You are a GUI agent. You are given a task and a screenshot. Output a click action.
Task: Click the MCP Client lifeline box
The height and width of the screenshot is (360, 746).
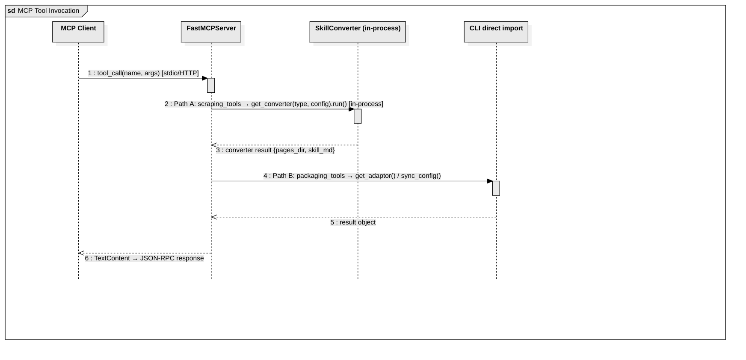[78, 32]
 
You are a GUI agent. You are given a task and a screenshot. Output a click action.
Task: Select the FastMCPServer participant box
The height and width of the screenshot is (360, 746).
[211, 32]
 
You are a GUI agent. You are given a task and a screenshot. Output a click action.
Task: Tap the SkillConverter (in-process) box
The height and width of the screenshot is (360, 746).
[358, 32]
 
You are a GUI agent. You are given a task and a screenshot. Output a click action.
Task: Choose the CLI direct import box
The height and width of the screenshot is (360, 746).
[496, 32]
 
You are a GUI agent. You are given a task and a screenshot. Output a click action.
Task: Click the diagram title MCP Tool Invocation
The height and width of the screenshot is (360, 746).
[48, 11]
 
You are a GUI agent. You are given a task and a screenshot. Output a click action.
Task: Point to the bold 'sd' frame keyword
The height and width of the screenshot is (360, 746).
[11, 11]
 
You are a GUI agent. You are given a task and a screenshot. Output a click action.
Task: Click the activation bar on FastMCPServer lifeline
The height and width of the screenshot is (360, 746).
[211, 86]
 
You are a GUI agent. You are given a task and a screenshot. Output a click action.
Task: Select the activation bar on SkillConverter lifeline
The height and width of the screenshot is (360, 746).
[358, 116]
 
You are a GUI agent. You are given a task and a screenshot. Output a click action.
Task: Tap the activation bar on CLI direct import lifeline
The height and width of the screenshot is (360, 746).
[496, 188]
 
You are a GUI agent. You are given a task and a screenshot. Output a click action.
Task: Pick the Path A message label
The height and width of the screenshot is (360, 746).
[274, 104]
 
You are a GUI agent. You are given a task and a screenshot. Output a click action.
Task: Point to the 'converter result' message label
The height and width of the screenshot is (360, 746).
[275, 150]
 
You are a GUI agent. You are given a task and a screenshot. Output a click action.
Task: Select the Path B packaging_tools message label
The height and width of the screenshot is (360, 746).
[352, 176]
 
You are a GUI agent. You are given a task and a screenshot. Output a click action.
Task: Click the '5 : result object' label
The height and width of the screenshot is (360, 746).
[353, 222]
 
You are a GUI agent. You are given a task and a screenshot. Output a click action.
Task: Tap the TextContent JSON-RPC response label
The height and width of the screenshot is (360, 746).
[144, 258]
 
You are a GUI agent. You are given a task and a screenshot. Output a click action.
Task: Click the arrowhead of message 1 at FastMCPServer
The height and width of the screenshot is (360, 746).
[205, 78]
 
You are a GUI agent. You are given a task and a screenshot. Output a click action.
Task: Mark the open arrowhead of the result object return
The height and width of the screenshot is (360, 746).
[214, 217]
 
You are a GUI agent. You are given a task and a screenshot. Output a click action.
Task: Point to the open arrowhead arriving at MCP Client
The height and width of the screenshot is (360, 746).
[81, 253]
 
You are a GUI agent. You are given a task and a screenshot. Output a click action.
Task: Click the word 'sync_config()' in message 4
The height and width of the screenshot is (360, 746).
[421, 176]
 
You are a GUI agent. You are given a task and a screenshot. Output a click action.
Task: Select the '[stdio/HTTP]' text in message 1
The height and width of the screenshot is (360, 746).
[180, 73]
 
